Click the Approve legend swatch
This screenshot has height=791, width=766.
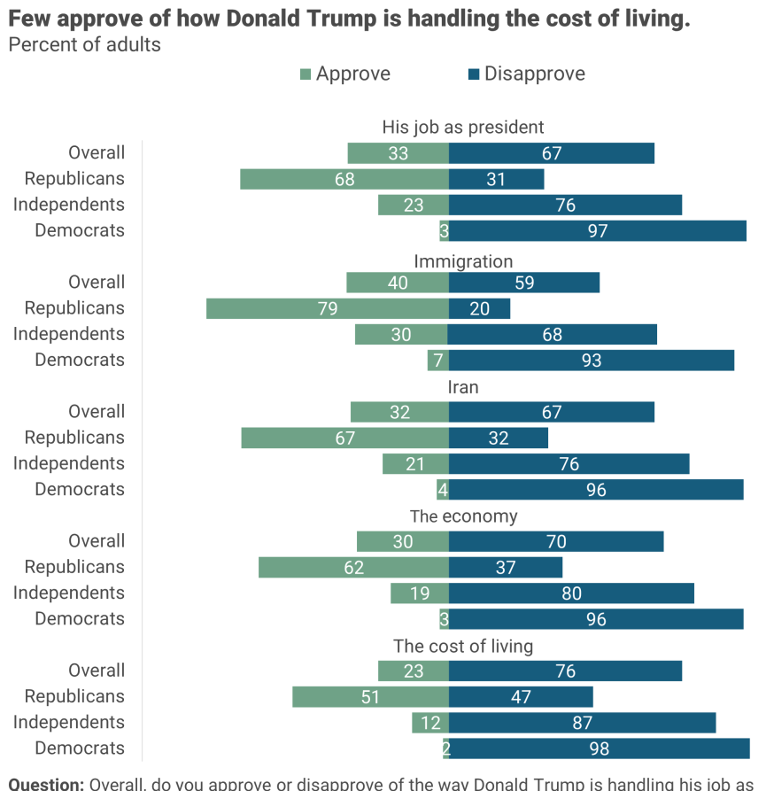[x=306, y=74]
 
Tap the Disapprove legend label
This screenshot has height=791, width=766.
[x=534, y=74]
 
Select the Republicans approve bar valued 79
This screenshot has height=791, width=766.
[x=328, y=308]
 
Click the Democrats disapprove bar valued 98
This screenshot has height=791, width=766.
[x=599, y=748]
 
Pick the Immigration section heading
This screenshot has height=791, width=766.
[x=463, y=261]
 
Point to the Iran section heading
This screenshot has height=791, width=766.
[x=463, y=387]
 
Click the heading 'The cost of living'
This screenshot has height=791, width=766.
[x=463, y=646]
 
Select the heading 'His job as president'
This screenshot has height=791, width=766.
[x=463, y=128]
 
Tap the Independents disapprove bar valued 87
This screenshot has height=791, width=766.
[x=582, y=723]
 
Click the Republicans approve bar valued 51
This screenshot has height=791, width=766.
[x=370, y=697]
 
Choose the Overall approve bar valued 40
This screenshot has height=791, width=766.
[x=398, y=283]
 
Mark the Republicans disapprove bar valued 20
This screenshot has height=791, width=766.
[x=479, y=308]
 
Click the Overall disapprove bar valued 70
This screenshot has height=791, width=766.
[x=556, y=541]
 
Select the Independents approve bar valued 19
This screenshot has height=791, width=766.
[x=420, y=593]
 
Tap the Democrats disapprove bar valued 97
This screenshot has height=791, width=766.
[x=598, y=231]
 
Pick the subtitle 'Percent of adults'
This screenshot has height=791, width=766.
[x=85, y=44]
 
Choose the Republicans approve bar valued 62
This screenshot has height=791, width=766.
[x=353, y=568]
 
